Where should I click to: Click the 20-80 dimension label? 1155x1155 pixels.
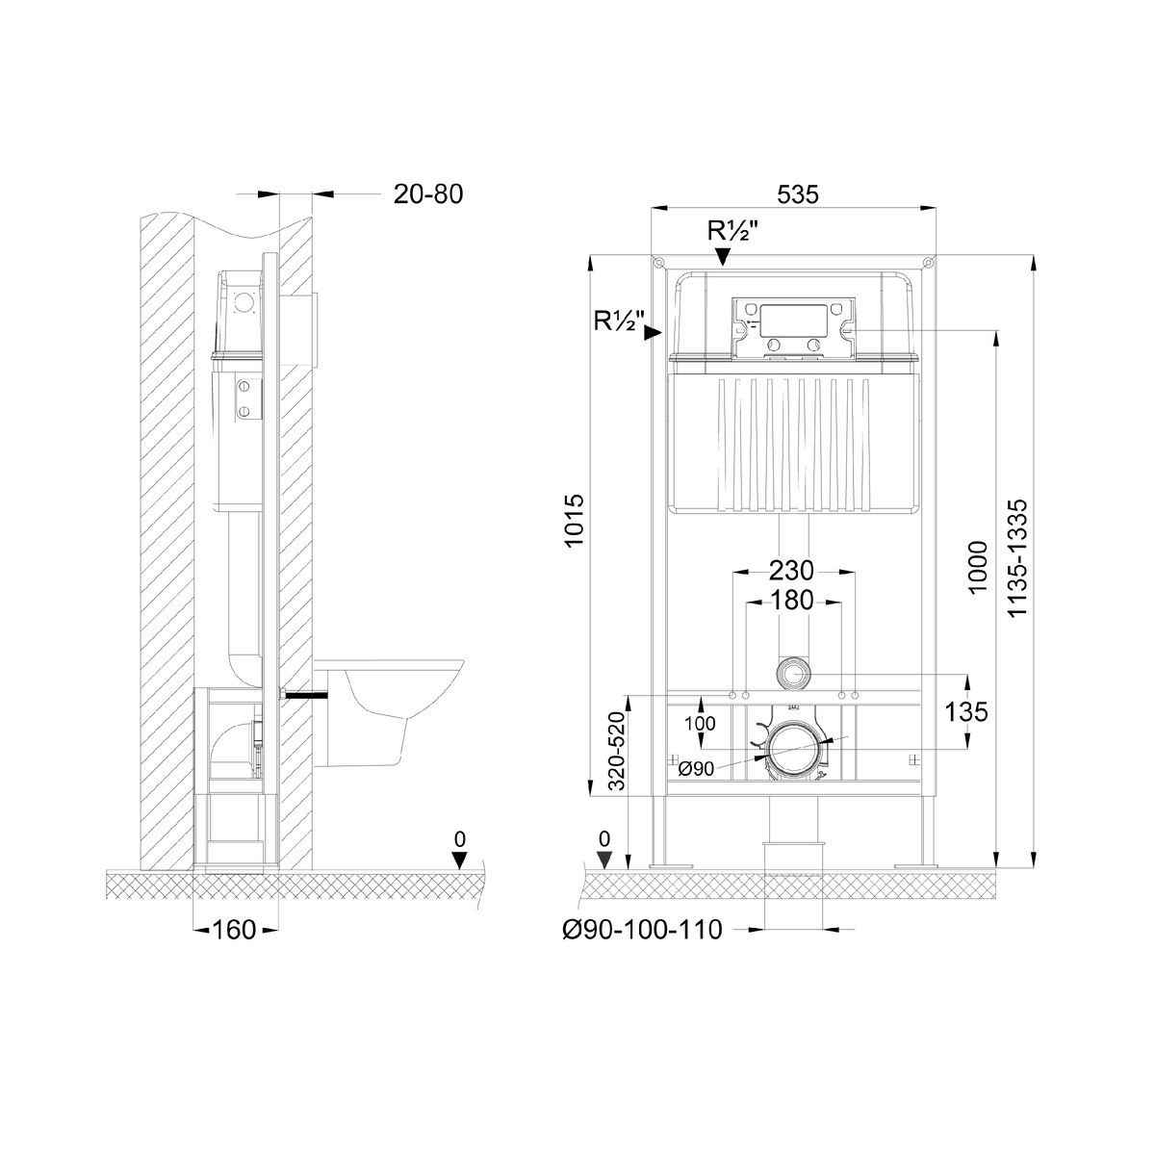click(x=428, y=194)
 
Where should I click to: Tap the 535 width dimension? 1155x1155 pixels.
click(x=798, y=194)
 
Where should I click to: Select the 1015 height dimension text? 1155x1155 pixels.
click(x=575, y=520)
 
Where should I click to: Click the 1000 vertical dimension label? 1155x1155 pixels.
click(x=978, y=567)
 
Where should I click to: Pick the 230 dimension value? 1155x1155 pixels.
click(x=791, y=571)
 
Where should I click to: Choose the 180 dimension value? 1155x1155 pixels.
click(x=791, y=601)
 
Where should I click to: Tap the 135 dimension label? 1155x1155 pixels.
click(x=966, y=712)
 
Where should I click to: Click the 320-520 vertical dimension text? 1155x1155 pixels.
click(x=617, y=751)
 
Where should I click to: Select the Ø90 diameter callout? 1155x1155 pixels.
click(x=696, y=769)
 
